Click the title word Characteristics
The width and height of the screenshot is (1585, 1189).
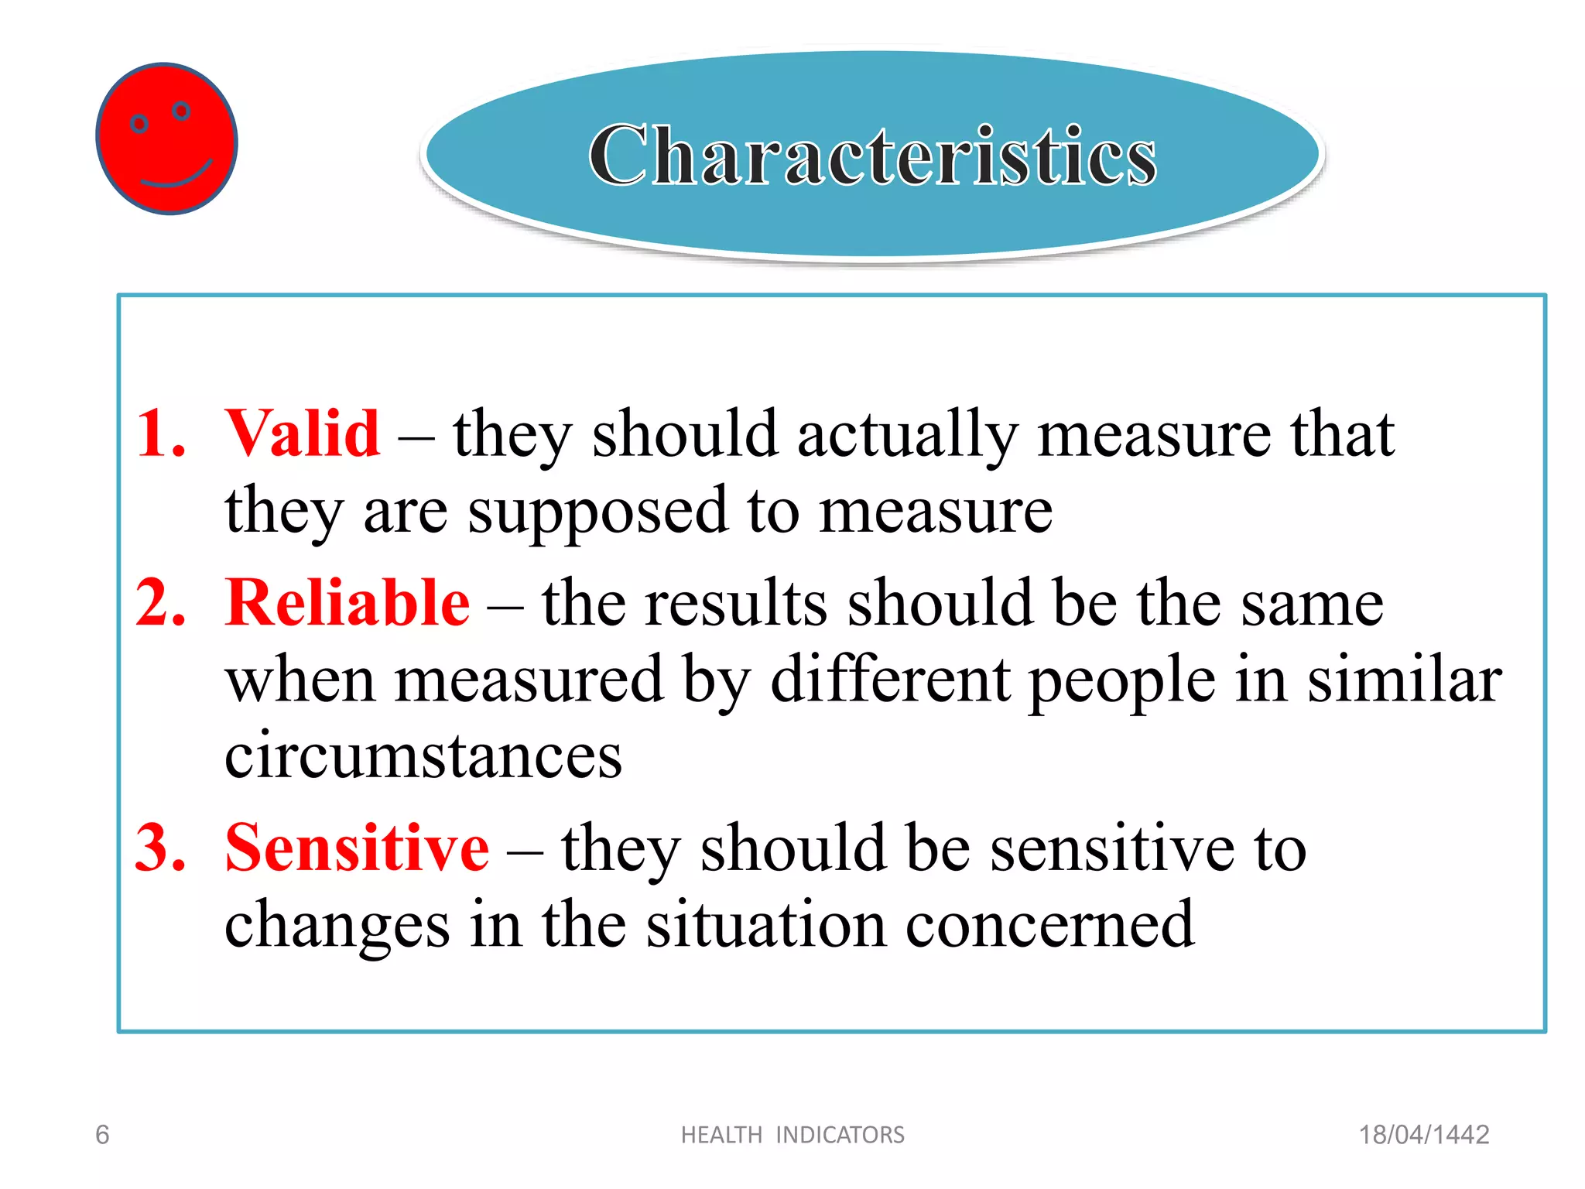pos(872,156)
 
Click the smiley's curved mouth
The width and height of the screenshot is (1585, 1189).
pos(176,176)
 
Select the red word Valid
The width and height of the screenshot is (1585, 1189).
pos(302,433)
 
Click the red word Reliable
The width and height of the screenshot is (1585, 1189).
pos(347,603)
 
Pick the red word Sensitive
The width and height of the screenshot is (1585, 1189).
pos(357,848)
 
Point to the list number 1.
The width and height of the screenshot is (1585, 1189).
pos(160,433)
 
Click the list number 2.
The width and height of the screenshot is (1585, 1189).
pos(160,603)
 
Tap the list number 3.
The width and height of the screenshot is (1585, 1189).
pos(160,848)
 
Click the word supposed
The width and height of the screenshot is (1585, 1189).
pos(597,512)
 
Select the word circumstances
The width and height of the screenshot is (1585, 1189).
pos(423,756)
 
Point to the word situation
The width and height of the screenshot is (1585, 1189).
pos(766,925)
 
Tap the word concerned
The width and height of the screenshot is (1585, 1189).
pos(1049,925)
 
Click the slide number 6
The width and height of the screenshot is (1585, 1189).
pos(102,1135)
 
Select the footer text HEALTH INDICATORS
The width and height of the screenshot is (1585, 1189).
pos(792,1135)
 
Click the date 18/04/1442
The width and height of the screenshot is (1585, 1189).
pos(1424,1135)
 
